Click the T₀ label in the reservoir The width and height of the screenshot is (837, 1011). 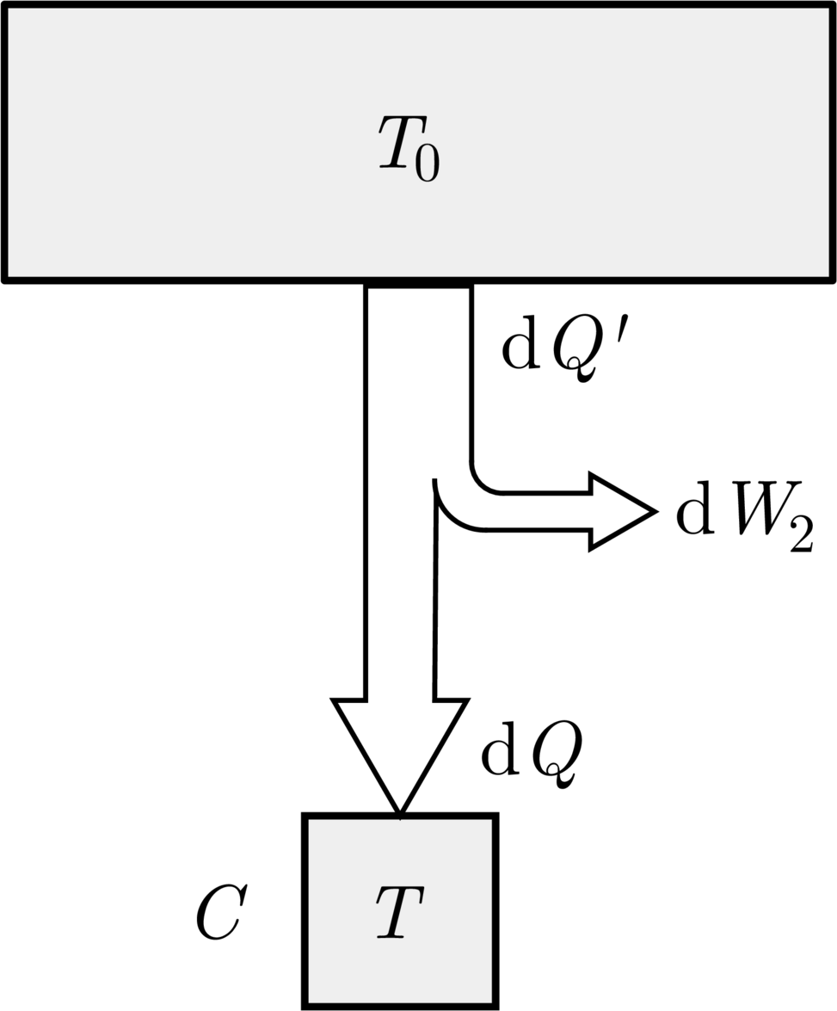409,151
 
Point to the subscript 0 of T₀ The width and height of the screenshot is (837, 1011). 427,164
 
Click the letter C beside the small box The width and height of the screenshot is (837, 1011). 220,915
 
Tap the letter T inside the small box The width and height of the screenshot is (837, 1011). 400,912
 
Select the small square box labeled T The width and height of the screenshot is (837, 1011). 400,912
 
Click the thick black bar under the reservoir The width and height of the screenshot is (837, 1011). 418,285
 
